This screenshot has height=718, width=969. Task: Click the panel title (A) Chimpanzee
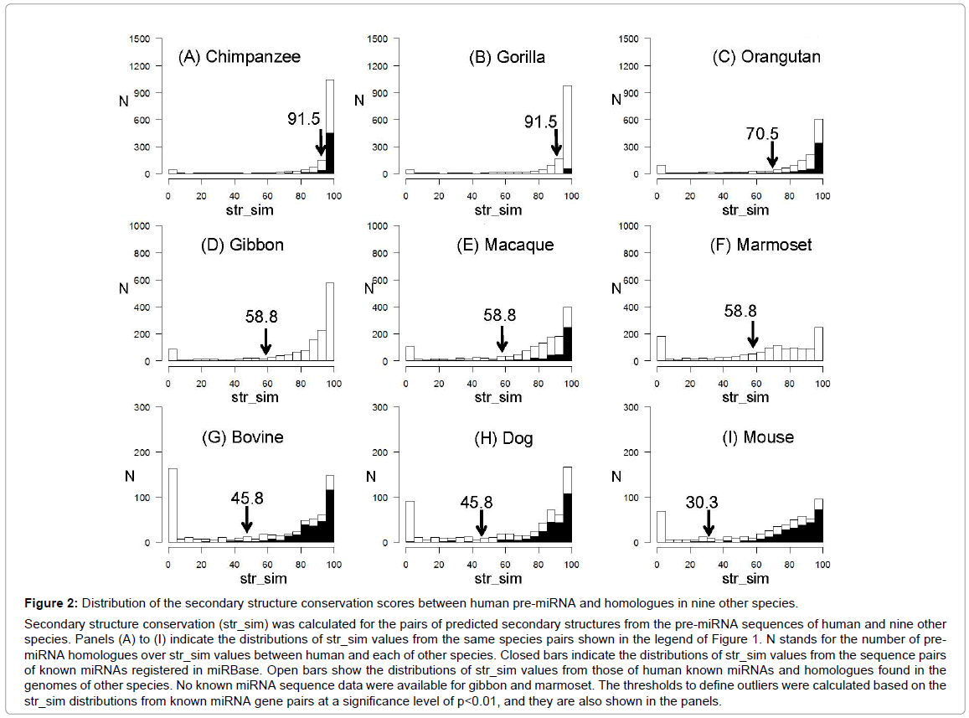click(x=239, y=57)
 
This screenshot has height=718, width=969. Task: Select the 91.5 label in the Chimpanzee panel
click(x=304, y=119)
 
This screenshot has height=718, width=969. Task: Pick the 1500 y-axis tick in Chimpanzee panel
click(x=140, y=39)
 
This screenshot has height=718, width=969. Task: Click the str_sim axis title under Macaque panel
click(x=497, y=397)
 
